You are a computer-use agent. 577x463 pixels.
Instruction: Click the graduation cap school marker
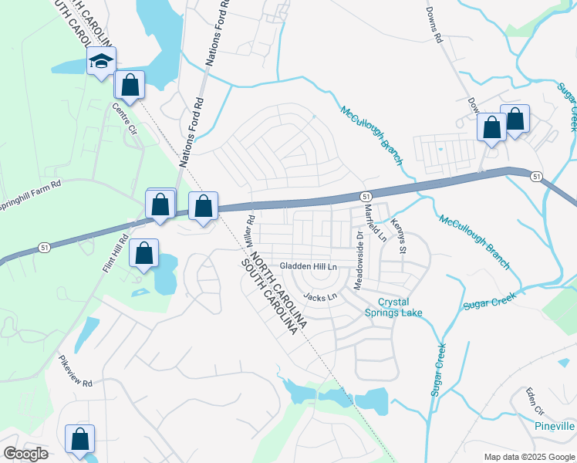coord(102,61)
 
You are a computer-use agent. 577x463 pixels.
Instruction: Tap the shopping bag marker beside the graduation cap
coord(130,83)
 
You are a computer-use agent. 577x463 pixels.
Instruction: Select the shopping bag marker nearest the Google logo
coord(80,438)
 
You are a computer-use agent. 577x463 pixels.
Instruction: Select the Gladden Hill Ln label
coord(309,265)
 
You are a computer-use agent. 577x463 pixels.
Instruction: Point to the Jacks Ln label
coord(321,296)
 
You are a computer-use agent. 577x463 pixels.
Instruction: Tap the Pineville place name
coord(554,426)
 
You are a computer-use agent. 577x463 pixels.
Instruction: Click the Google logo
coord(25,454)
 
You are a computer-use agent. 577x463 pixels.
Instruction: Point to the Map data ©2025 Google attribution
coord(529,457)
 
